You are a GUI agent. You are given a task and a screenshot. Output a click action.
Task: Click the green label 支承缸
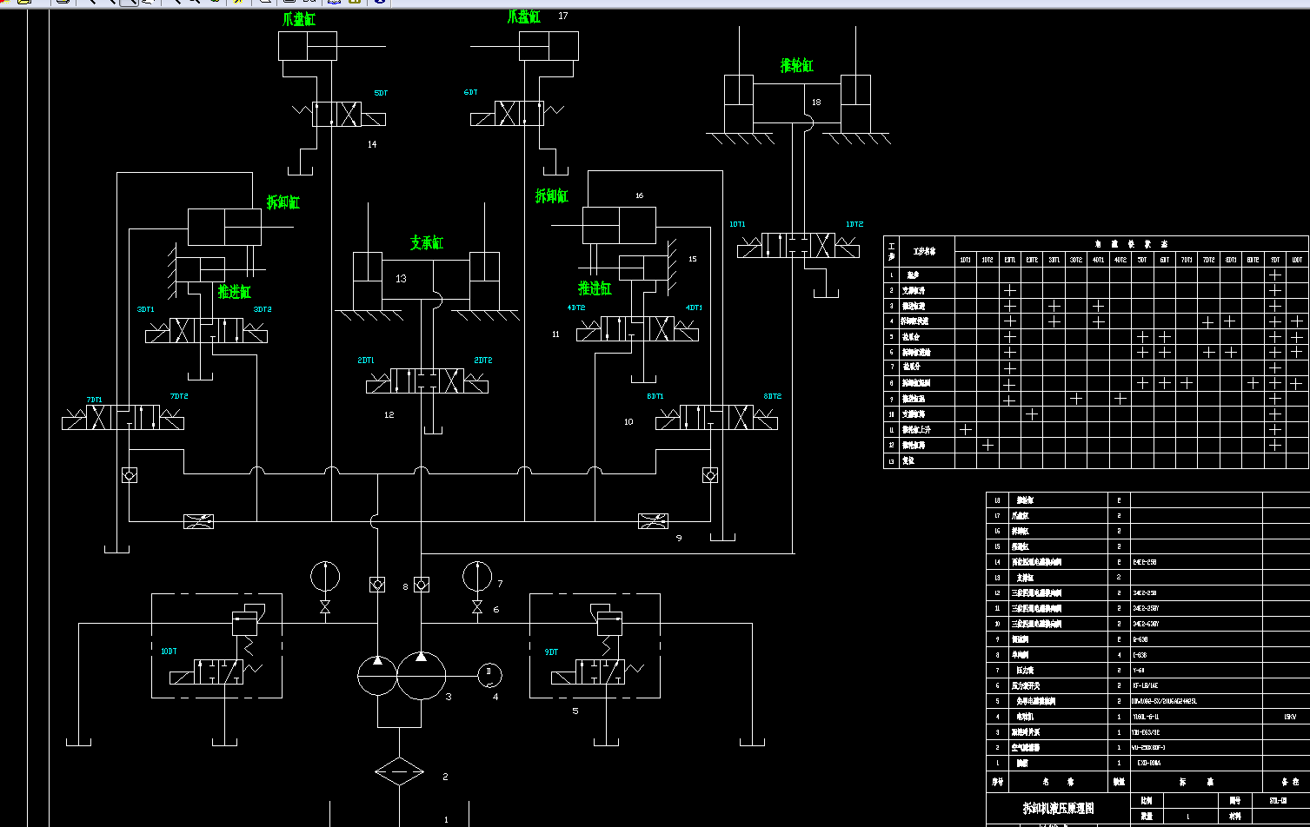point(427,243)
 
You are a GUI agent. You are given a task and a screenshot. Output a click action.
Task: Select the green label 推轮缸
point(796,66)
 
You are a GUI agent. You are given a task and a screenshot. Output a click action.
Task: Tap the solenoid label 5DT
point(381,93)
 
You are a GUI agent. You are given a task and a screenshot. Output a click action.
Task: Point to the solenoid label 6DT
point(470,93)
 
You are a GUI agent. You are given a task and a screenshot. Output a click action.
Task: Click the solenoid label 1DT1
point(737,224)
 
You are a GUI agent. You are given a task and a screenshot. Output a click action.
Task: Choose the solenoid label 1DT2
point(854,224)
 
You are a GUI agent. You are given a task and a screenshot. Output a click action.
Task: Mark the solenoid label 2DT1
point(365,360)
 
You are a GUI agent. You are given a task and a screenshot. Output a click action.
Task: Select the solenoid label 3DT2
point(263,309)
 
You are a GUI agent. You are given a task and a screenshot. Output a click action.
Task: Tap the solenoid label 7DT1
point(94,400)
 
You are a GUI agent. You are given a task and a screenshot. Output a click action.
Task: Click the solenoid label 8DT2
point(773,396)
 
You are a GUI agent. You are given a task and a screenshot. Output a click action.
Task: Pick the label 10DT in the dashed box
point(169,652)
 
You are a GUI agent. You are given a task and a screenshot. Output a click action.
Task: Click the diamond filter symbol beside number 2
point(398,771)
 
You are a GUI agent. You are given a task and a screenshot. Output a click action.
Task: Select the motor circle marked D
point(489,673)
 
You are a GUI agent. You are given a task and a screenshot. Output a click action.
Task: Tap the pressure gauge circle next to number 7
point(476,575)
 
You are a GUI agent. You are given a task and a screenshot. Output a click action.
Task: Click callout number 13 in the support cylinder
point(401,279)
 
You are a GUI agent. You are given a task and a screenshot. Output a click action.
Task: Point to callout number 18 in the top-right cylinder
point(815,103)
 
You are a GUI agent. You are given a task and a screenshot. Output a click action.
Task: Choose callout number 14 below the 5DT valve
point(372,144)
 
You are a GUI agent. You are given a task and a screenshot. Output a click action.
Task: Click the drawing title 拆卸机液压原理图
point(1058,808)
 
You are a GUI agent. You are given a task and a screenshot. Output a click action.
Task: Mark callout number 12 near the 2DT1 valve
point(389,415)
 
